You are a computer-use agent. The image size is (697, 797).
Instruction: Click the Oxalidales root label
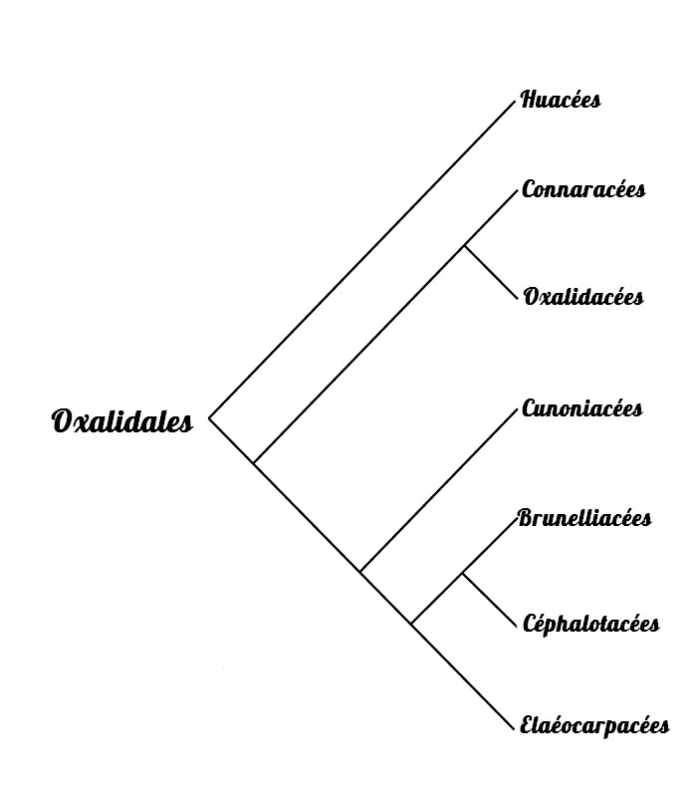pos(121,421)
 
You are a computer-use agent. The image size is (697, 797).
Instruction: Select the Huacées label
pos(561,100)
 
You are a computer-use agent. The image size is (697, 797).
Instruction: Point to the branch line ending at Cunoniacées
pos(438,490)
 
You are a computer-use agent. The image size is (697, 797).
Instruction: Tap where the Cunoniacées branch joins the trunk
pos(360,571)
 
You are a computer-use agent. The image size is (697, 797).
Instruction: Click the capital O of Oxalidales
pos(63,421)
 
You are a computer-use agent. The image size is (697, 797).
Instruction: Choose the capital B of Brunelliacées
pos(527,518)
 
